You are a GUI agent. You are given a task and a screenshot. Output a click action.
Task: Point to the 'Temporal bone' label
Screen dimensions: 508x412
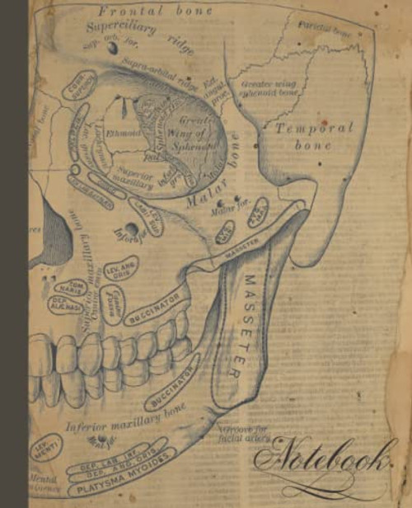click(313, 136)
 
